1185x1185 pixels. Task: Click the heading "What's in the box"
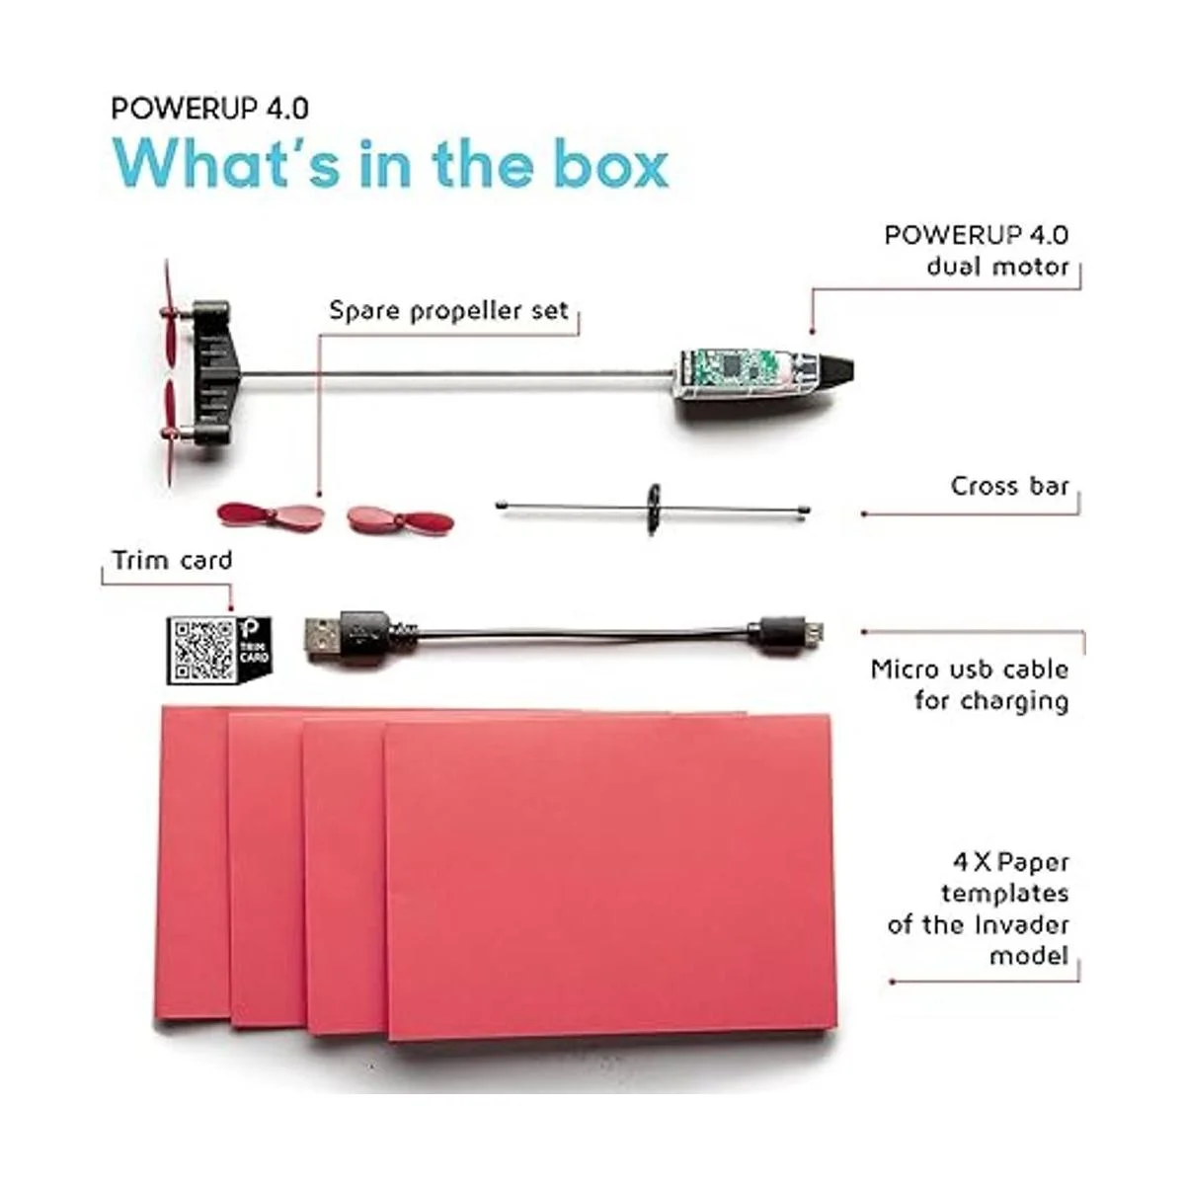point(390,164)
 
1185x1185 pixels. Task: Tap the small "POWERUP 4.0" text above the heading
point(209,109)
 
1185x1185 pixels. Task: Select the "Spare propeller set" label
point(448,311)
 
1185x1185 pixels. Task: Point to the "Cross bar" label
point(1010,486)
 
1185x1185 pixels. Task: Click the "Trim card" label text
point(172,560)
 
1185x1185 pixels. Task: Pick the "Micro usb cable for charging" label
point(970,684)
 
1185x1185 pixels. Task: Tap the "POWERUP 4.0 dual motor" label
point(977,250)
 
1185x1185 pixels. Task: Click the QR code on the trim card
point(203,650)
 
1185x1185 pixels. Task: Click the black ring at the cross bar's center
point(653,509)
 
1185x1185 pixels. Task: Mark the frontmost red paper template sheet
point(610,881)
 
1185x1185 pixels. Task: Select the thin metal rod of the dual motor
point(458,373)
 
